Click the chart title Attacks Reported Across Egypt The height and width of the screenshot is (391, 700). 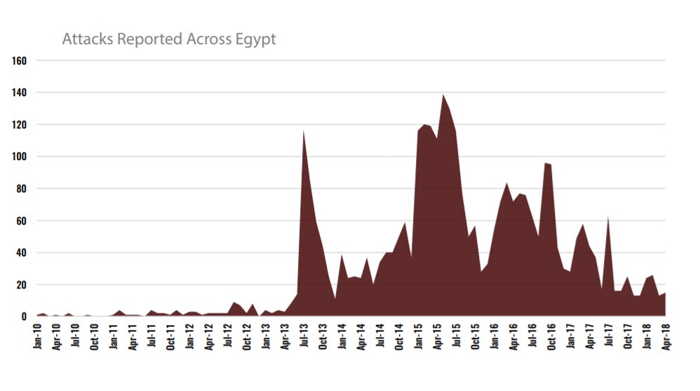(x=168, y=39)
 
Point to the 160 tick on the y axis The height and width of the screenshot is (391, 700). (x=20, y=60)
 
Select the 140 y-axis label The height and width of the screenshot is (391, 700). (x=20, y=93)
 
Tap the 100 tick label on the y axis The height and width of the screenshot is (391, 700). (x=20, y=157)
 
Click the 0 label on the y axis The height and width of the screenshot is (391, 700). (x=24, y=317)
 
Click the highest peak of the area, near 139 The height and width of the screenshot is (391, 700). (x=443, y=95)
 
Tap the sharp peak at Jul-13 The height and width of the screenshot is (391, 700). (x=304, y=131)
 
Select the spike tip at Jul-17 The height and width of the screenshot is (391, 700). (x=608, y=218)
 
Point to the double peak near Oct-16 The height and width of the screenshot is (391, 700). (x=547, y=164)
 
